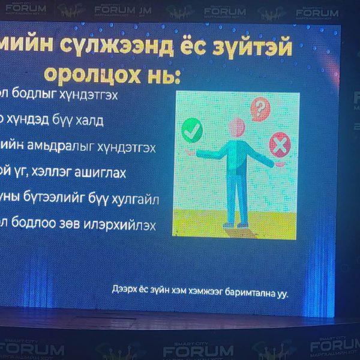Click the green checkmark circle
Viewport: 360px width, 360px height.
pyautogui.click(x=191, y=130)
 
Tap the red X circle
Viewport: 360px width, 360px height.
pyautogui.click(x=278, y=145)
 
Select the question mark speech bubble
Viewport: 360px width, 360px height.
pyautogui.click(x=260, y=109)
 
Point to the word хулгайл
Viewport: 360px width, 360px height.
pyautogui.click(x=135, y=200)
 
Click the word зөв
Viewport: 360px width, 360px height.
pyautogui.click(x=72, y=226)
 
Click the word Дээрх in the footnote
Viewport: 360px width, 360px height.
pyautogui.click(x=124, y=290)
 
